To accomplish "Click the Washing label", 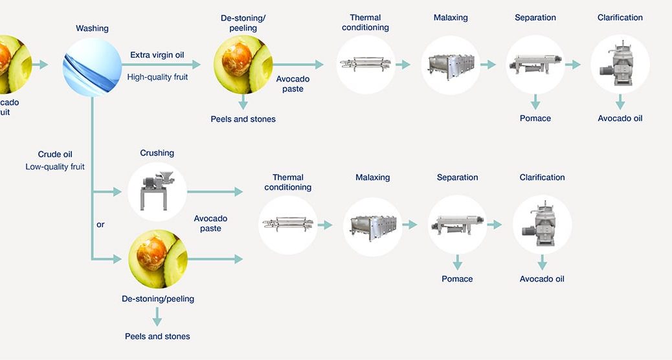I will pos(92,28).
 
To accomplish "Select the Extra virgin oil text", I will pos(157,55).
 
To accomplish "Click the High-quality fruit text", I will pos(157,76).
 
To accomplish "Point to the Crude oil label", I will pos(55,155).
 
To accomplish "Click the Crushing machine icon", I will pos(157,192).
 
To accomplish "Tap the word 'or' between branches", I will pos(100,225).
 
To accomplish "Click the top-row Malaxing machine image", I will pos(451,64).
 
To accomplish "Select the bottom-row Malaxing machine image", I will pos(372,225).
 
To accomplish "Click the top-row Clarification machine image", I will pos(620,64).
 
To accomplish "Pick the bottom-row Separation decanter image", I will pos(457,225).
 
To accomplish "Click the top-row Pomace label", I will pos(535,118).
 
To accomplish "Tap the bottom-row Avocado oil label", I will pos(542,279).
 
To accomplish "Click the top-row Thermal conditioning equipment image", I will pos(365,64).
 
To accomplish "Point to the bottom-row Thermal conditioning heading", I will pos(288,182).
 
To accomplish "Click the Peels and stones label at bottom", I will pos(157,336).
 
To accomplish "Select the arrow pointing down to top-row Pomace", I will pos(535,102).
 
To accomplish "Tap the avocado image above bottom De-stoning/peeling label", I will pos(157,259).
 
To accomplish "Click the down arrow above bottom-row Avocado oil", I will pos(542,262).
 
